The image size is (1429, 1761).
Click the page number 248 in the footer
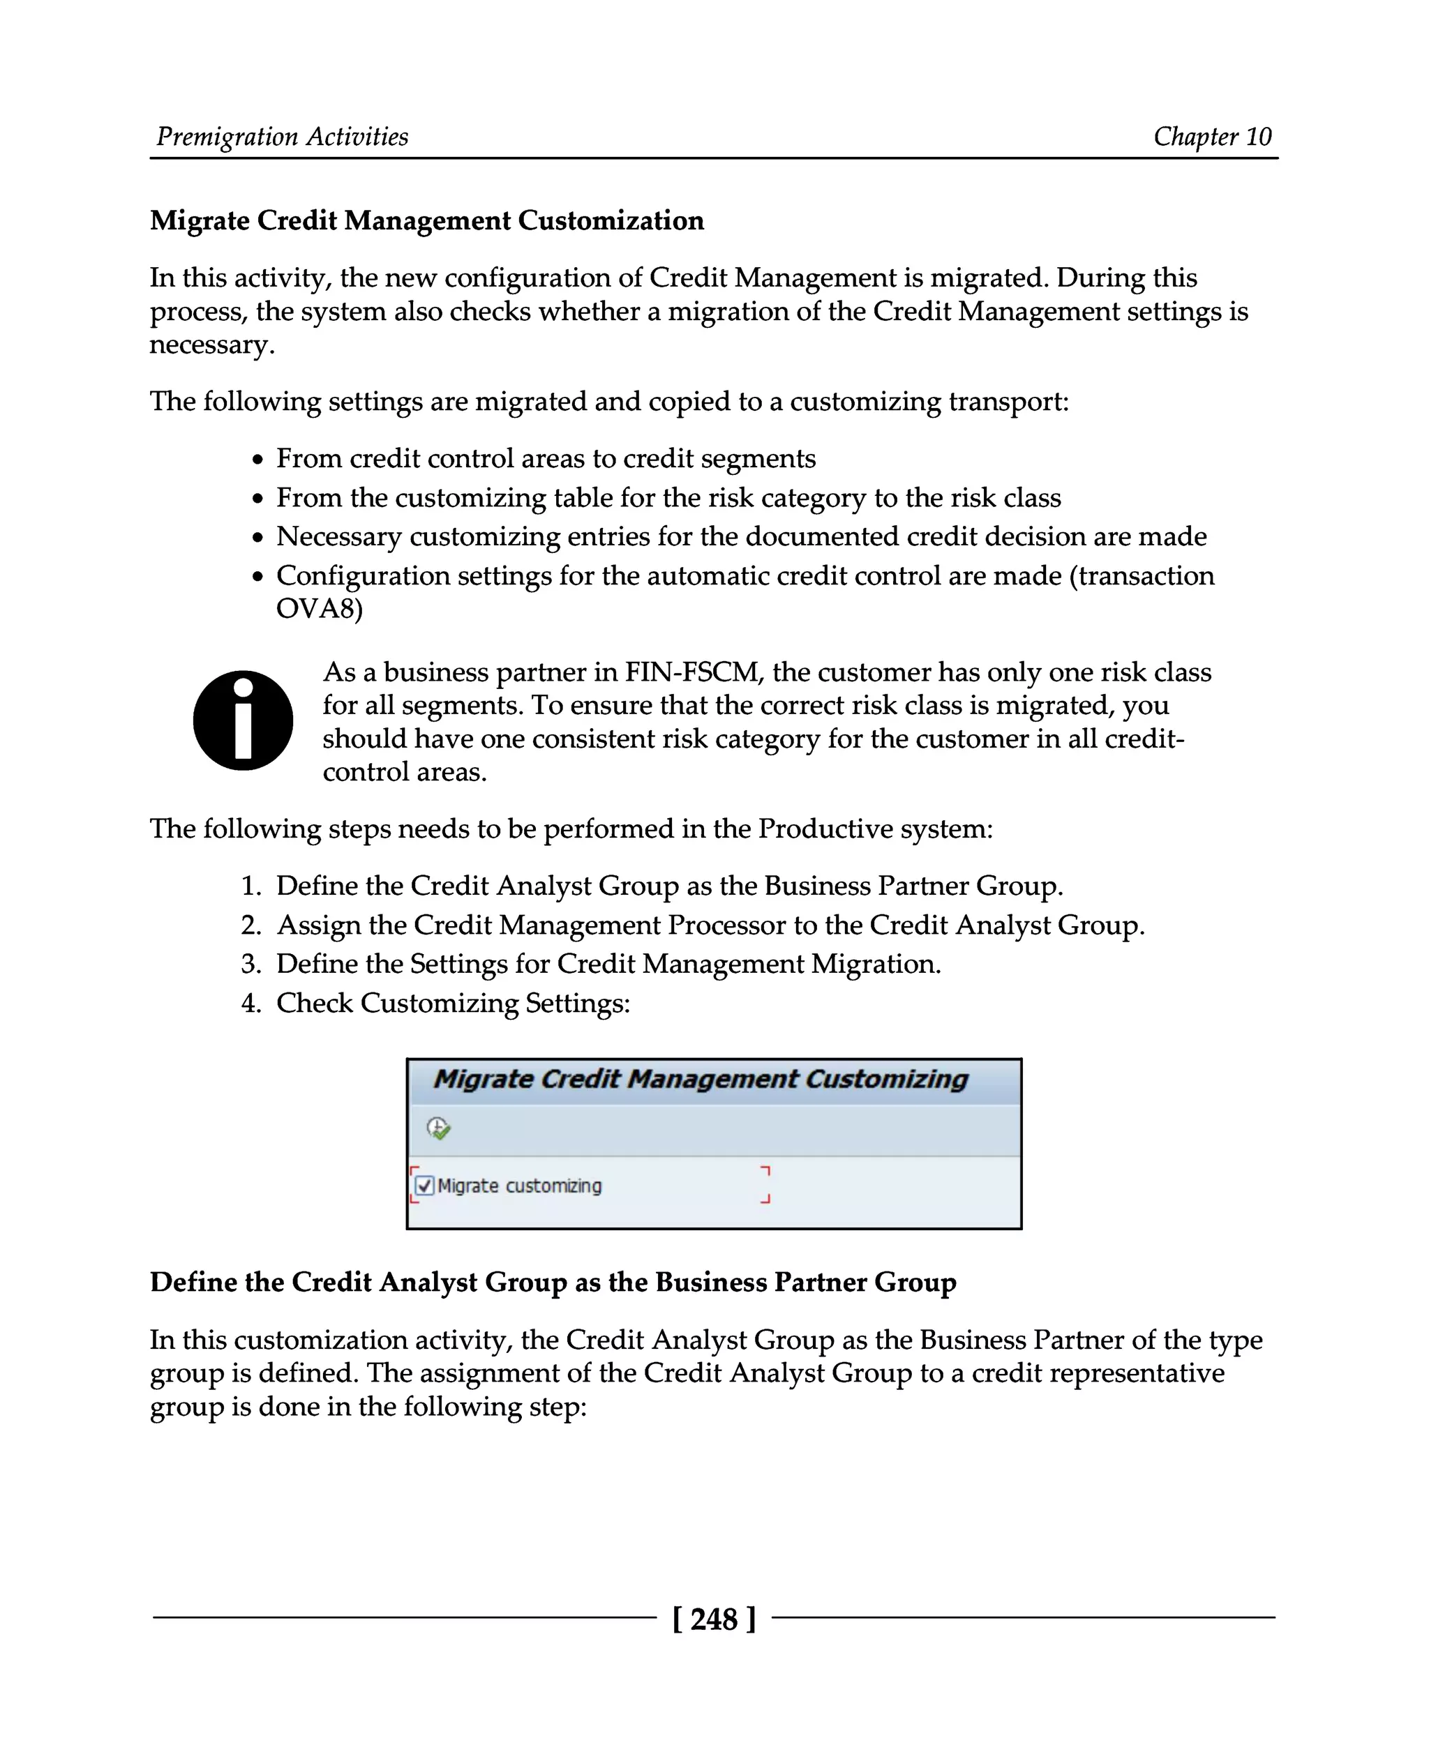(713, 1619)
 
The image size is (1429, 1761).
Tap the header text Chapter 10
(1212, 137)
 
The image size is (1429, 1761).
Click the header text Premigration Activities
(283, 137)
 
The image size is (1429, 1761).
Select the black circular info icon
(243, 720)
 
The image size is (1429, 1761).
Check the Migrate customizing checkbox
(425, 1186)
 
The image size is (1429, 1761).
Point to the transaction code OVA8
(319, 609)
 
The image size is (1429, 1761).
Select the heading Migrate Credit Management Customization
(426, 220)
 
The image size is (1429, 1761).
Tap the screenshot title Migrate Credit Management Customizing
(701, 1079)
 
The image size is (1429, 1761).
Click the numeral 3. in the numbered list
(251, 964)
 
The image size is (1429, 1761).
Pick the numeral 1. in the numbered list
(251, 886)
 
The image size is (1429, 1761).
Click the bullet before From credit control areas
(258, 460)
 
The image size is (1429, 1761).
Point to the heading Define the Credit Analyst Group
(553, 1282)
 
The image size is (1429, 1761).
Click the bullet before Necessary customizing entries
(258, 538)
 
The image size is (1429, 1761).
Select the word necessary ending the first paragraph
(211, 345)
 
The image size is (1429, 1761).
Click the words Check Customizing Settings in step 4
(453, 1003)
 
